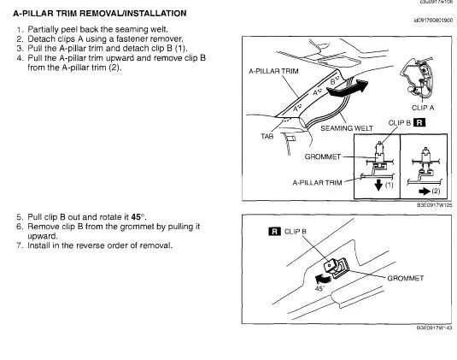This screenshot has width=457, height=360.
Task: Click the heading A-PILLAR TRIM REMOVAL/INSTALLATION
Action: [100, 14]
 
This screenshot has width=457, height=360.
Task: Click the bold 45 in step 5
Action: [136, 217]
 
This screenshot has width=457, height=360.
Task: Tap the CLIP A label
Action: [423, 108]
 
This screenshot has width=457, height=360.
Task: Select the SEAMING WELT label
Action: [347, 128]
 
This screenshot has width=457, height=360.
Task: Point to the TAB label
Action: [267, 136]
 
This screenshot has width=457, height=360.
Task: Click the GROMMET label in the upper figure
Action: [323, 156]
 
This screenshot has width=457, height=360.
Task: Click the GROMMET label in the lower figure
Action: [406, 278]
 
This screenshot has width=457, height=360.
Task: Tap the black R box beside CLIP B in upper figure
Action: [419, 122]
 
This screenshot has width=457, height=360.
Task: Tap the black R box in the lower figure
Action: [274, 232]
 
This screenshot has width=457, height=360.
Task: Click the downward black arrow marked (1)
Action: [378, 185]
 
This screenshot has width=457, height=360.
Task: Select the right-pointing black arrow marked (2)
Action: [425, 192]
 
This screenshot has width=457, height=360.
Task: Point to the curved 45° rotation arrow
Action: [324, 279]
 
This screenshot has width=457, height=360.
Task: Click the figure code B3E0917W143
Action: [434, 328]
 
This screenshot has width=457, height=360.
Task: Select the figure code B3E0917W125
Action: [434, 204]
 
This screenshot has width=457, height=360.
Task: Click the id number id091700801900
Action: [433, 21]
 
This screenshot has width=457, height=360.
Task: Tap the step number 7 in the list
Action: [20, 245]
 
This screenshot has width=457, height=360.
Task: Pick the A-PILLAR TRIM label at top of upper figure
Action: [273, 71]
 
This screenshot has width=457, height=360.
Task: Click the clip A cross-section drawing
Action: [417, 77]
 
